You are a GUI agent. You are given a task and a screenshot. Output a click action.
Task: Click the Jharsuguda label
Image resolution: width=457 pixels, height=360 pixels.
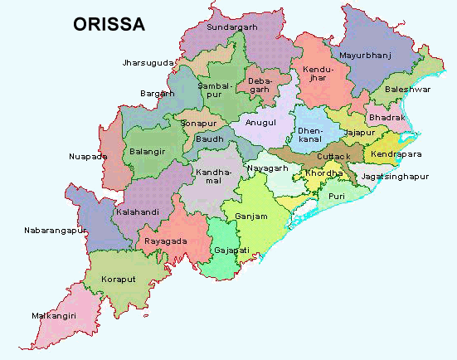148,62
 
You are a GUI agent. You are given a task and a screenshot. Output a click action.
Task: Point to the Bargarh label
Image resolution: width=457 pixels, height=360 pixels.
157,94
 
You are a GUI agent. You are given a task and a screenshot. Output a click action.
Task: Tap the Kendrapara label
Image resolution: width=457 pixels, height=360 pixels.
396,154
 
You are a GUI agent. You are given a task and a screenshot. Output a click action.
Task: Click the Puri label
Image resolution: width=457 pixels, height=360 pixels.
336,196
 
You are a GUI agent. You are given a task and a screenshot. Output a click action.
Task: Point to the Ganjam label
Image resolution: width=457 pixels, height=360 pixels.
251,216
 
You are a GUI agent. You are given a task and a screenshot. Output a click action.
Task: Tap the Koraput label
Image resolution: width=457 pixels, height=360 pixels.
119,280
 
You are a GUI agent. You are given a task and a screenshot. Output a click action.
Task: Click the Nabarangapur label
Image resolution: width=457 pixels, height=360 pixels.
56,229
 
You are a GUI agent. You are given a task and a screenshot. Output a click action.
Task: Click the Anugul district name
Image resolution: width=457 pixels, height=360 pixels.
259,122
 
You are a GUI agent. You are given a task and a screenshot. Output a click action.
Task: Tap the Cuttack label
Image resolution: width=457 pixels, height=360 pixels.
333,156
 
